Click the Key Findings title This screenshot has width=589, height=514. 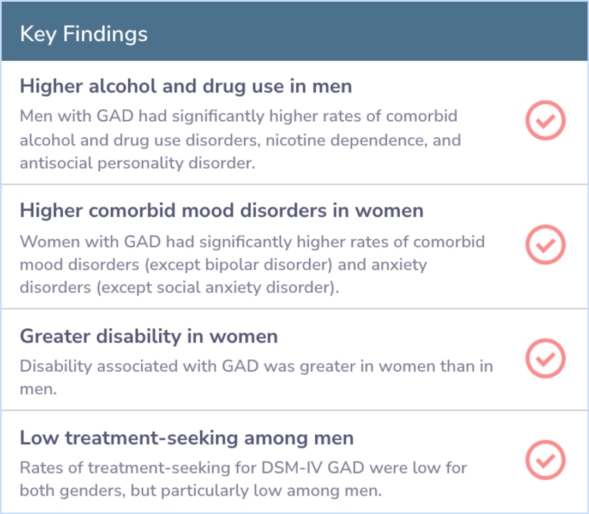pyautogui.click(x=84, y=34)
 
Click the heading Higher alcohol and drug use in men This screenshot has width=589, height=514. pyautogui.click(x=186, y=86)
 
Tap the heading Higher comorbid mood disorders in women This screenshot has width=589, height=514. pyautogui.click(x=221, y=210)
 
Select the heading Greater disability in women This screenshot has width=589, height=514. pyautogui.click(x=149, y=336)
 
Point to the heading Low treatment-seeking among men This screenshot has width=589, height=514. pyautogui.click(x=187, y=438)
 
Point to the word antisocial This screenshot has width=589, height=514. pyautogui.click(x=56, y=163)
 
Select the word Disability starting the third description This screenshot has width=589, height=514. pyautogui.click(x=56, y=367)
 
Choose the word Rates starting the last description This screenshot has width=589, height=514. pyautogui.click(x=41, y=468)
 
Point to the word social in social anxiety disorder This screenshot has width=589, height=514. pyautogui.click(x=178, y=288)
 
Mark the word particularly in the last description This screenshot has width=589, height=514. pyautogui.click(x=205, y=491)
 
